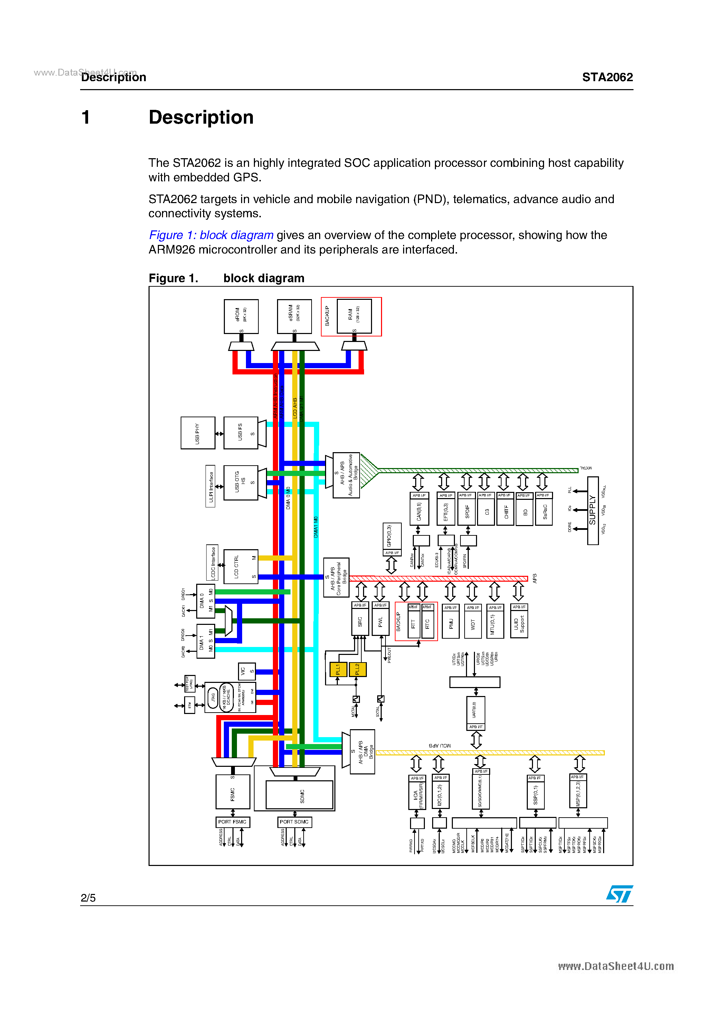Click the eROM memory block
click(x=241, y=316)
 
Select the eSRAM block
click(x=294, y=316)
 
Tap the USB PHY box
click(x=198, y=433)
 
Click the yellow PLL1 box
click(x=338, y=669)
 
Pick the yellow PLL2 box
click(x=357, y=669)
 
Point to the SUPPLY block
click(x=592, y=510)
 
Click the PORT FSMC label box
click(x=232, y=822)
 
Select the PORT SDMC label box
click(x=294, y=822)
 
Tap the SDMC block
click(x=299, y=794)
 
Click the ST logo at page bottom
click(x=619, y=894)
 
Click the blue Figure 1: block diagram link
click(x=211, y=235)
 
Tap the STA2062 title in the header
click(x=607, y=77)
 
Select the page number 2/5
click(x=88, y=898)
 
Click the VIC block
click(x=246, y=671)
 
